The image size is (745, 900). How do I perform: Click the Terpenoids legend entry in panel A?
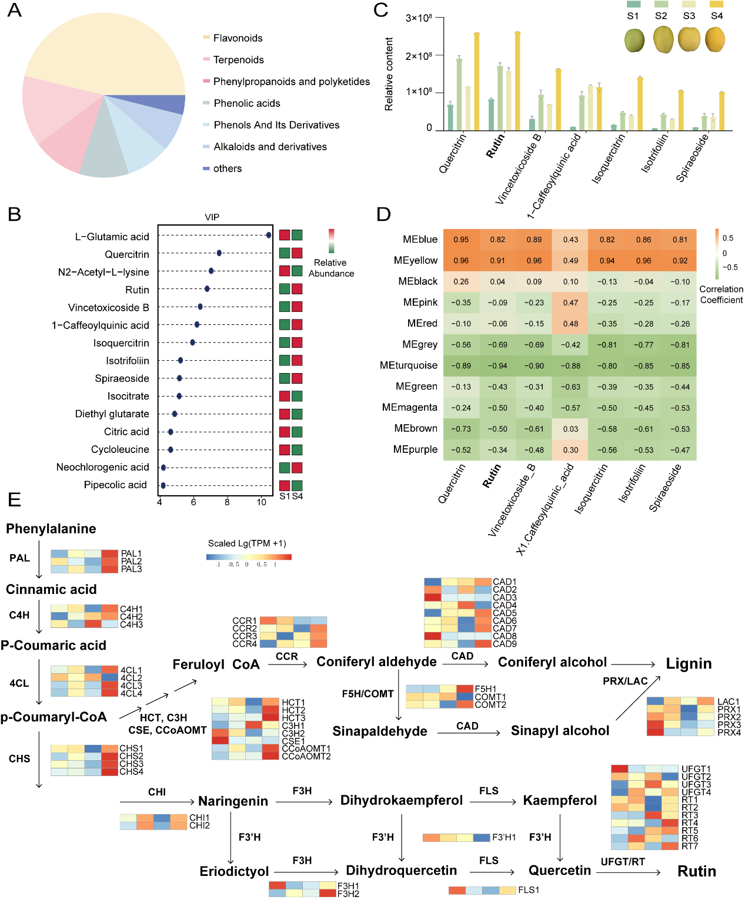[238, 60]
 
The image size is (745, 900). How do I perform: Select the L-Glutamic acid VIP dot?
[269, 236]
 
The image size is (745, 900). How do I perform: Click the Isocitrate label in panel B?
[128, 397]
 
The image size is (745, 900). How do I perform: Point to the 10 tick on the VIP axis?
[262, 502]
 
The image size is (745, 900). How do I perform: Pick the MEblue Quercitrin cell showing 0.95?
[461, 240]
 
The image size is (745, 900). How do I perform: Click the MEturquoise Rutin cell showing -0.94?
[497, 366]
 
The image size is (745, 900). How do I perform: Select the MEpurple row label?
[415, 449]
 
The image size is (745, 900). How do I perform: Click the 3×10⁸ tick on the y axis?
[419, 18]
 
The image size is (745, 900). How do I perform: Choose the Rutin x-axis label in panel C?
[495, 146]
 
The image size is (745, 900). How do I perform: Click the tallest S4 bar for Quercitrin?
[476, 81]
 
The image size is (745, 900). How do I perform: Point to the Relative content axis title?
[389, 74]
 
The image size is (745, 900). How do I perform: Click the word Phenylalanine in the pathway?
[51, 529]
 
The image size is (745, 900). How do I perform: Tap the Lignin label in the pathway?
[689, 664]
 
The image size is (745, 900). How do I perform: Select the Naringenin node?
[233, 801]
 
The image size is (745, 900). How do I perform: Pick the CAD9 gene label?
[505, 644]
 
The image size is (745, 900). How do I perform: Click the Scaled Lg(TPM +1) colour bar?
[249, 556]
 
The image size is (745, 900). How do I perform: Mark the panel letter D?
[383, 214]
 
